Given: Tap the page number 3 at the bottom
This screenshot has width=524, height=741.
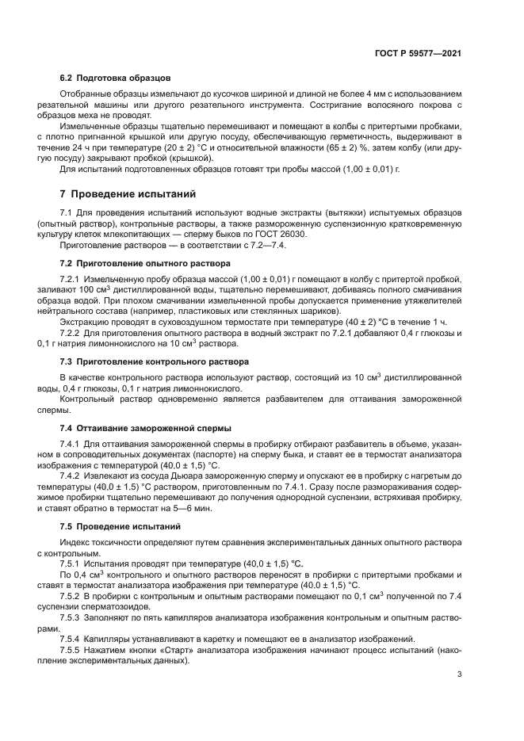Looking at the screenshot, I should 459,674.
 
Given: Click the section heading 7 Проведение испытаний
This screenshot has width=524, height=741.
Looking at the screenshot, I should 127,194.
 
